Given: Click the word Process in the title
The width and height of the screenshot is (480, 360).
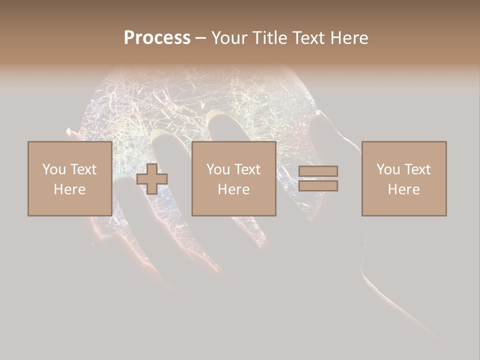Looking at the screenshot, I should click(157, 38).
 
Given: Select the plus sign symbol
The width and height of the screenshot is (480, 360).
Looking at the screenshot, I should click(152, 179).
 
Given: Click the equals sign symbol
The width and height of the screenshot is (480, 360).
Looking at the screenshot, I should click(318, 179).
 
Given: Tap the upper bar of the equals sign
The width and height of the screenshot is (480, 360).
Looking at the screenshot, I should click(318, 171).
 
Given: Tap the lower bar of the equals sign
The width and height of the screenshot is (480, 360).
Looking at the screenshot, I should click(318, 186).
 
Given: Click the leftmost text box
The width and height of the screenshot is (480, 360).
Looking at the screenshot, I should click(69, 179).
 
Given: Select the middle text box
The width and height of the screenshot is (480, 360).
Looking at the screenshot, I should click(233, 179).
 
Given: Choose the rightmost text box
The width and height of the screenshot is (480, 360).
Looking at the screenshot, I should click(403, 179).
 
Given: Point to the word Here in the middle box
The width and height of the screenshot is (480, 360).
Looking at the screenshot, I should click(233, 189).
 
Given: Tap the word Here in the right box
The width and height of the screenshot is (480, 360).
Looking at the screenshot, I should click(403, 189).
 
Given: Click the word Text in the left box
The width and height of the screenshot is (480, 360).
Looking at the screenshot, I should click(83, 169).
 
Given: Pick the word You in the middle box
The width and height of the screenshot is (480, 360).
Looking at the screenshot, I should click(218, 169).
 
